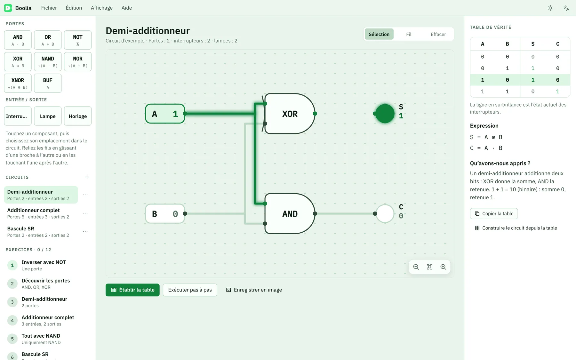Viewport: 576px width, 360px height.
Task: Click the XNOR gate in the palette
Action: point(18,83)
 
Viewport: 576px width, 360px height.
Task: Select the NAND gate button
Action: point(48,61)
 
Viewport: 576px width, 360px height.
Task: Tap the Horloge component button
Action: point(78,116)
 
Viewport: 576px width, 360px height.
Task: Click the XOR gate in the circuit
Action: point(289,114)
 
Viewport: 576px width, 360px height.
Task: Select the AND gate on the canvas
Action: point(289,213)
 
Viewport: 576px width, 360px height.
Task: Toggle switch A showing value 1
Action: point(165,114)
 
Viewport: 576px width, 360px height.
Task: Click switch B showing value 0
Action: point(165,213)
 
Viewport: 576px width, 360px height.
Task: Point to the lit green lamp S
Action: point(385,114)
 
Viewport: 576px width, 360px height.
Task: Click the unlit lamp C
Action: point(385,213)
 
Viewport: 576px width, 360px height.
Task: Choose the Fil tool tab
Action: point(409,34)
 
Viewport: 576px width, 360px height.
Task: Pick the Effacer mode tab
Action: point(438,34)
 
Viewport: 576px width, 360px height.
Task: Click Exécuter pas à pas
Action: point(190,290)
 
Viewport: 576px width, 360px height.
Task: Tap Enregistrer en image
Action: point(254,290)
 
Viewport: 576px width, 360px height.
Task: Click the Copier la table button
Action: point(494,213)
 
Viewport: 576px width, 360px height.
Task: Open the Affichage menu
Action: point(102,8)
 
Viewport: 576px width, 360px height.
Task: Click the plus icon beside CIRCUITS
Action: point(87,177)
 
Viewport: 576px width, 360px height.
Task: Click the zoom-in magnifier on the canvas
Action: point(443,267)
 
